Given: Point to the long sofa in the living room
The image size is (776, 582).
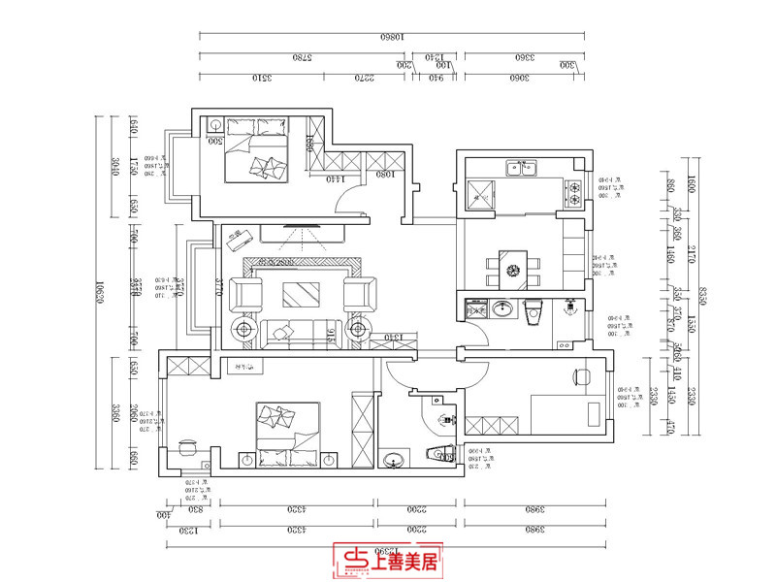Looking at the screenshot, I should click(x=302, y=331).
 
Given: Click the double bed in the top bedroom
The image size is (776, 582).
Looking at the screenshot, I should click(x=256, y=154).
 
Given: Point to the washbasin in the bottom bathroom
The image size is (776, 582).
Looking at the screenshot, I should click(x=395, y=459).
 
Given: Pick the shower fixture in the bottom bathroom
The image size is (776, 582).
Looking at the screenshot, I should click(x=447, y=419).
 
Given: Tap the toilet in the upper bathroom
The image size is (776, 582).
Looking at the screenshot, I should click(x=532, y=312).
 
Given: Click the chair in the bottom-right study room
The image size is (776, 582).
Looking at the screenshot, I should click(x=581, y=376).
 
